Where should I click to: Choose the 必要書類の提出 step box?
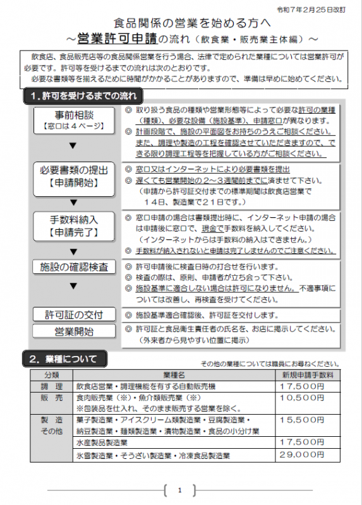click(x=74, y=175)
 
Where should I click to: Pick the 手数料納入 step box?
click(x=74, y=226)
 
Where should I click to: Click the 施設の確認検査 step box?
click(x=74, y=268)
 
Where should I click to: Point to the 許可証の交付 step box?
click(x=74, y=314)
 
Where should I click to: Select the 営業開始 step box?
click(x=74, y=331)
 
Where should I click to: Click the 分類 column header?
click(x=52, y=374)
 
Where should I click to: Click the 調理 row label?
click(x=52, y=386)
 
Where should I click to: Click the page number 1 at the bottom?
click(x=180, y=490)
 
